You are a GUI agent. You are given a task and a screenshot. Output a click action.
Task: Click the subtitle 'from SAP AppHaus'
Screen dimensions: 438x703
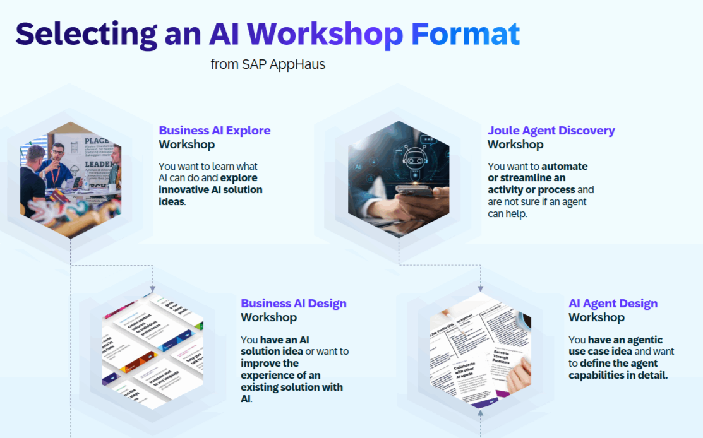[x=268, y=64]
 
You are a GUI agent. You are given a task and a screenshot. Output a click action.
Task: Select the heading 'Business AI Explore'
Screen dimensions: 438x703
[x=215, y=131]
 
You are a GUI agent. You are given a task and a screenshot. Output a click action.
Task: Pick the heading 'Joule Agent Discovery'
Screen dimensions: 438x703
[x=551, y=131]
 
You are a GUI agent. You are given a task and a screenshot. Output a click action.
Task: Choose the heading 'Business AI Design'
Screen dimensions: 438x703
[x=294, y=304]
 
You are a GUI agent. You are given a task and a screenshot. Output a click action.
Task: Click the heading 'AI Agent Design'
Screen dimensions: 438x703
[x=613, y=304]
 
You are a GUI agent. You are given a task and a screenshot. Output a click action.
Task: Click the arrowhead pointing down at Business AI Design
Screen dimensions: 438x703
[x=153, y=288]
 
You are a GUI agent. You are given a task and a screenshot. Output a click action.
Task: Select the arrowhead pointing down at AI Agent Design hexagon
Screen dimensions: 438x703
[x=481, y=288]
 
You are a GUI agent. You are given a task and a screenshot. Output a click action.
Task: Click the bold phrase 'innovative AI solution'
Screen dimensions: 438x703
[x=210, y=189]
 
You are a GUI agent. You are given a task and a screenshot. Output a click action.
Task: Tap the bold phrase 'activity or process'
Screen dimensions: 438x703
[x=531, y=189]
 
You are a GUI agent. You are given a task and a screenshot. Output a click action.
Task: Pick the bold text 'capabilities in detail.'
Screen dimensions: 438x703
[x=618, y=376]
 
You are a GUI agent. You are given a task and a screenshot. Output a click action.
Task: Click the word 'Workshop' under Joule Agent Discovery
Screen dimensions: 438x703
[x=515, y=145]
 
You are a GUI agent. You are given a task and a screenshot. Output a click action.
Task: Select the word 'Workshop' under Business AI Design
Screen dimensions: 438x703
[x=268, y=317]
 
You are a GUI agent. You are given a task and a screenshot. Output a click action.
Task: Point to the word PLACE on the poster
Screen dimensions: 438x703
[x=96, y=141]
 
